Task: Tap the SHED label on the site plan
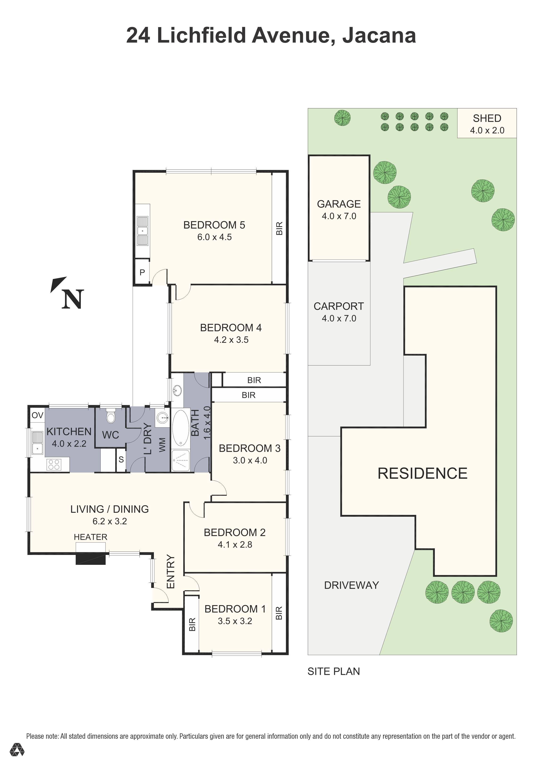click(487, 118)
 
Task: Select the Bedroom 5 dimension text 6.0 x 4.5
click(214, 237)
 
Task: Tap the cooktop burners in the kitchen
click(54, 464)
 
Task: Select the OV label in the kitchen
click(37, 415)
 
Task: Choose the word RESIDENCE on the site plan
click(422, 473)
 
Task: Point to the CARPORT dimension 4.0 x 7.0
click(339, 318)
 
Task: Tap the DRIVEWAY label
click(351, 585)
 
